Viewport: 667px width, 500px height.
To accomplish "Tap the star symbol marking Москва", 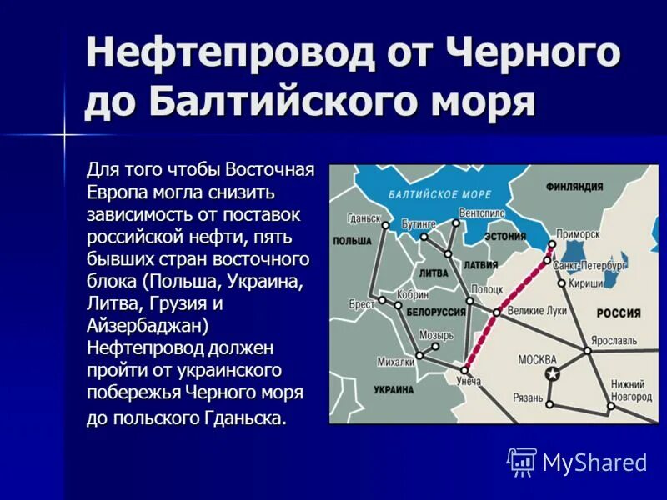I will pos(550,374).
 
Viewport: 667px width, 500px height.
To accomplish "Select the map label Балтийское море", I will pos(440,194).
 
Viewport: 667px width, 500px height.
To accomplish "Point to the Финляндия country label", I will pos(574,187).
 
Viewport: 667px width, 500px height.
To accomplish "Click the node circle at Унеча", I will pos(464,370).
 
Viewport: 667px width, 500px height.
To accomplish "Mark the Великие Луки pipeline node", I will pos(496,312).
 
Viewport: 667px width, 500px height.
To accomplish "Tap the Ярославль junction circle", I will pos(589,351).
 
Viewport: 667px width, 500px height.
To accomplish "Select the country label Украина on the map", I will pos(393,389).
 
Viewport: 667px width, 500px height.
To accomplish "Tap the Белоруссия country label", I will pos(435,312).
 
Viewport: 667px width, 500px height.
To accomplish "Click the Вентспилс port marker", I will pos(457,222).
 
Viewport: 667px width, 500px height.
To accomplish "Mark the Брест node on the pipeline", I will pos(382,300).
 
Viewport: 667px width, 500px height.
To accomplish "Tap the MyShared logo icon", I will pos(522,462).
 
